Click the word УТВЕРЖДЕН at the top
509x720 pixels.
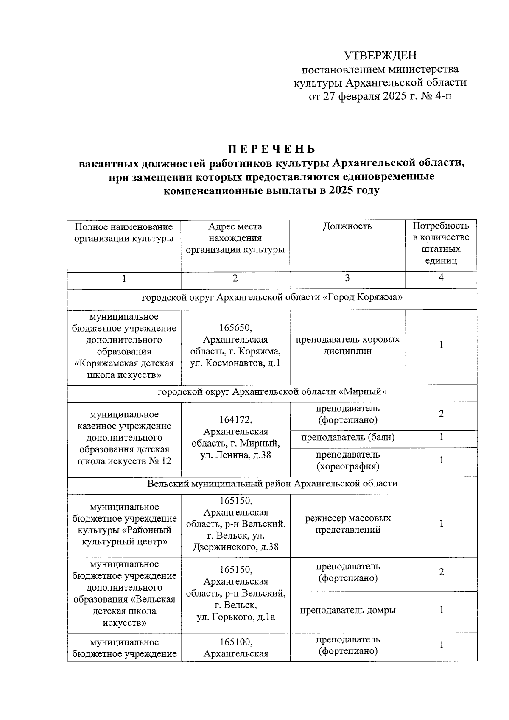pyautogui.click(x=380, y=56)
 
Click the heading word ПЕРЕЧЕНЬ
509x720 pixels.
pyautogui.click(x=271, y=149)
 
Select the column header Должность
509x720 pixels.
pyautogui.click(x=347, y=226)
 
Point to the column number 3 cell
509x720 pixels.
pyautogui.click(x=347, y=278)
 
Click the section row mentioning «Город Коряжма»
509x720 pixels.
pyautogui.click(x=271, y=297)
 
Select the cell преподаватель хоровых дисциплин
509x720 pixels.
pyautogui.click(x=347, y=345)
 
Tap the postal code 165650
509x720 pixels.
pyautogui.click(x=235, y=328)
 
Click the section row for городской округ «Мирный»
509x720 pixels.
pyautogui.click(x=271, y=392)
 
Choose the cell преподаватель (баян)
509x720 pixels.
pyautogui.click(x=347, y=437)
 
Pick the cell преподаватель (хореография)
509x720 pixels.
pyautogui.click(x=347, y=460)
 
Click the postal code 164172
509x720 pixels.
pyautogui.click(x=235, y=420)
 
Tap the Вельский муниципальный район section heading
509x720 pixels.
pyautogui.click(x=271, y=483)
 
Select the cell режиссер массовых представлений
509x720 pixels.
pyautogui.click(x=347, y=524)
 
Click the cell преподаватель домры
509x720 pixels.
pyautogui.click(x=347, y=610)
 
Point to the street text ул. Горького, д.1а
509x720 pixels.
pyautogui.click(x=235, y=617)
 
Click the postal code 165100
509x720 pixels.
pyautogui.click(x=235, y=642)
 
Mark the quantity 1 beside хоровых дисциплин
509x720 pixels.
pyautogui.click(x=441, y=345)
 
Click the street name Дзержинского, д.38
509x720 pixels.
pyautogui.click(x=235, y=547)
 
